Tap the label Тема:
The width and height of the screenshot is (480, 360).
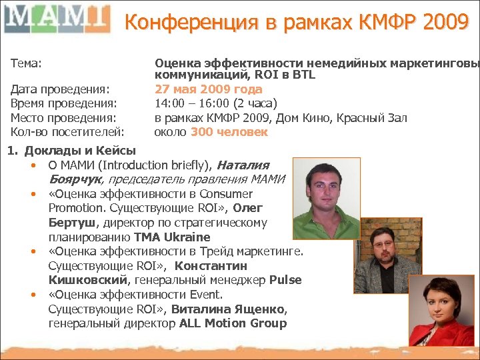click(27, 63)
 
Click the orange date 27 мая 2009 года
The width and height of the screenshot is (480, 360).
click(208, 89)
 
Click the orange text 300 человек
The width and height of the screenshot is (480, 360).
click(229, 132)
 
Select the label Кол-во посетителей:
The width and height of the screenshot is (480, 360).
click(67, 132)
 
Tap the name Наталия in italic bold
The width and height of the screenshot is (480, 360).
click(243, 165)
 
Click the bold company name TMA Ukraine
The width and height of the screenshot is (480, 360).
click(172, 237)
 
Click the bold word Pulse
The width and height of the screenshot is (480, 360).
click(285, 280)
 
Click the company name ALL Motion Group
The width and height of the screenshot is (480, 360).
click(233, 324)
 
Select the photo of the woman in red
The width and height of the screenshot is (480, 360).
click(441, 314)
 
